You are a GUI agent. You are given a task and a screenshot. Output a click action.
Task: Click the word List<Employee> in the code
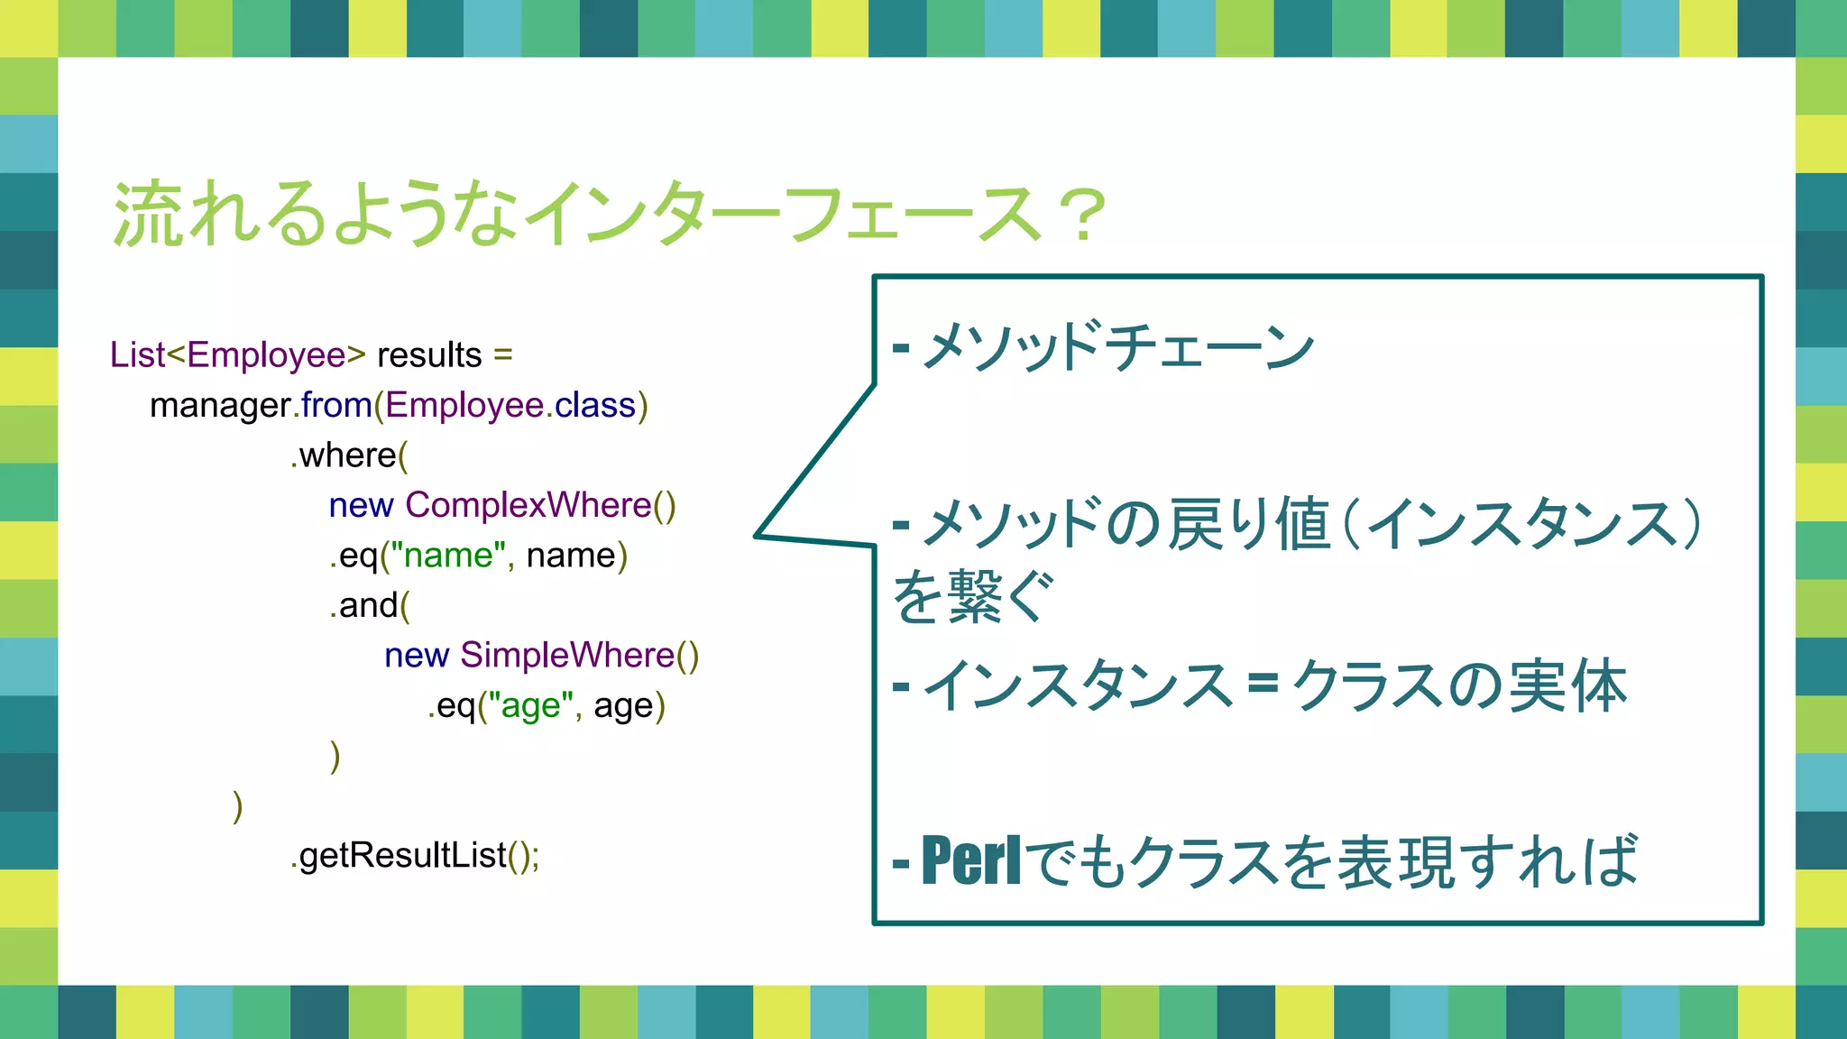coord(237,355)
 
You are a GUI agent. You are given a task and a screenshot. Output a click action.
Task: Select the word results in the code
coord(429,355)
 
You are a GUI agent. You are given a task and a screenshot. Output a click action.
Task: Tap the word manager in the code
coord(219,406)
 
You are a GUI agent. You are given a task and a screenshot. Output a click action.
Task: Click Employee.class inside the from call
coord(510,406)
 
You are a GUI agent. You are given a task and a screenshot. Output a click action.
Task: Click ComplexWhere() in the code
coord(540,505)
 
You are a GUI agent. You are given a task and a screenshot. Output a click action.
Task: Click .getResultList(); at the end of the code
coord(415,855)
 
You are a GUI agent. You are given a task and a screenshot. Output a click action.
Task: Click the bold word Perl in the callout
coord(971,861)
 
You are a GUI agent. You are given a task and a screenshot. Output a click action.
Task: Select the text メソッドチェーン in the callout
coord(1118,346)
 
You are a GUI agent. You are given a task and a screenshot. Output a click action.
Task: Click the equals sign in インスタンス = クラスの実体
coord(1263,685)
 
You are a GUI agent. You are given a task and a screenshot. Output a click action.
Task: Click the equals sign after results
coord(503,355)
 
